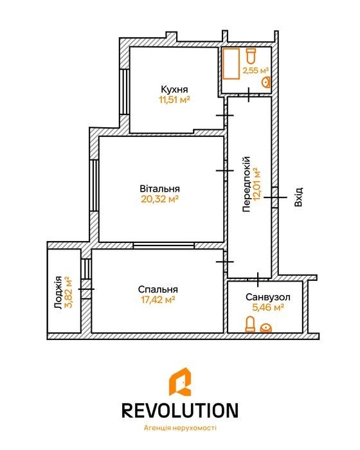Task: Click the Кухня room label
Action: pyautogui.click(x=174, y=89)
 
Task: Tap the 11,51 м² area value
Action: pyautogui.click(x=175, y=100)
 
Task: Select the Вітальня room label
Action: pyautogui.click(x=160, y=189)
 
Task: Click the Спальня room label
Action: pyautogui.click(x=158, y=289)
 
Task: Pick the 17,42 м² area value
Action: pyautogui.click(x=158, y=300)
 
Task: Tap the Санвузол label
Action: pyautogui.click(x=268, y=297)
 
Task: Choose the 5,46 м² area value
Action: pyautogui.click(x=268, y=308)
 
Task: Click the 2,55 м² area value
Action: pyautogui.click(x=255, y=70)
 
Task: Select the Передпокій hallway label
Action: pyautogui.click(x=247, y=184)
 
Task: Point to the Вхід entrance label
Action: pyautogui.click(x=298, y=197)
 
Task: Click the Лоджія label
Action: pyautogui.click(x=59, y=292)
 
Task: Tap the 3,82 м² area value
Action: pyautogui.click(x=68, y=292)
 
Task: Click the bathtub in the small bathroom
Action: pyautogui.click(x=231, y=64)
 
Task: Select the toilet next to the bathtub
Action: pyautogui.click(x=251, y=56)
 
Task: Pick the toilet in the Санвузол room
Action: pyautogui.click(x=250, y=324)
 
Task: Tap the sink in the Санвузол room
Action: pyautogui.click(x=266, y=328)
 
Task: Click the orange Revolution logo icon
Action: pyautogui.click(x=180, y=382)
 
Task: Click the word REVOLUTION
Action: pyautogui.click(x=180, y=410)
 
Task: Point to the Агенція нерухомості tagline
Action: pyautogui.click(x=180, y=428)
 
